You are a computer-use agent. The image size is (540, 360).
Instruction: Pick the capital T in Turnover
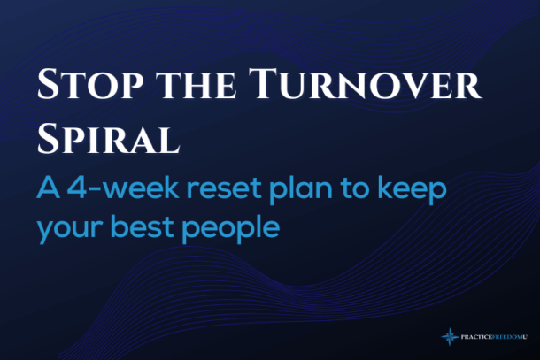tap(263, 89)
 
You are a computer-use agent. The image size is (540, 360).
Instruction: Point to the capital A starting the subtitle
tap(47, 188)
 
